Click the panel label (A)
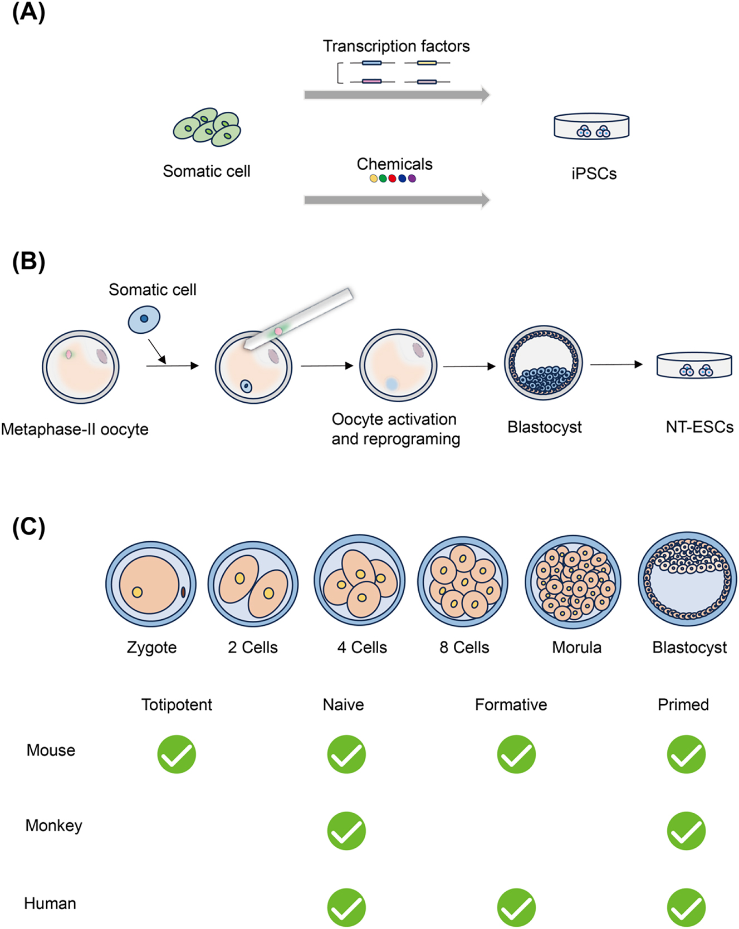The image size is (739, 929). click(28, 12)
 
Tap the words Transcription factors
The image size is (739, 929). click(396, 46)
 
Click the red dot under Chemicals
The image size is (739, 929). click(393, 179)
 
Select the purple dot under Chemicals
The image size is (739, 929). click(412, 179)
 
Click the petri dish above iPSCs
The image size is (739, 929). click(591, 127)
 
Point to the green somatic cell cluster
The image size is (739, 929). click(207, 127)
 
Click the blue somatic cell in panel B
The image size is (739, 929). click(144, 319)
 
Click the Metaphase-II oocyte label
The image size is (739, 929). click(75, 429)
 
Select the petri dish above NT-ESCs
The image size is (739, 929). click(694, 365)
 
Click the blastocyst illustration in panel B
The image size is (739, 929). click(543, 363)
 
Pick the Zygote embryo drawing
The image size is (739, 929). click(151, 584)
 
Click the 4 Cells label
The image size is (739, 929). click(362, 648)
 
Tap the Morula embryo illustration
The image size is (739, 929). click(573, 582)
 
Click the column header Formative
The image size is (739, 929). click(511, 705)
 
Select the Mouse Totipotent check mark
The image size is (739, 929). click(177, 754)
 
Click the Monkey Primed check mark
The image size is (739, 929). click(686, 831)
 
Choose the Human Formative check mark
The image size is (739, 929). click(516, 907)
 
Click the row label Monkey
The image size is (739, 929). click(53, 826)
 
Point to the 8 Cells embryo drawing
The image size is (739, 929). click(463, 581)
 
